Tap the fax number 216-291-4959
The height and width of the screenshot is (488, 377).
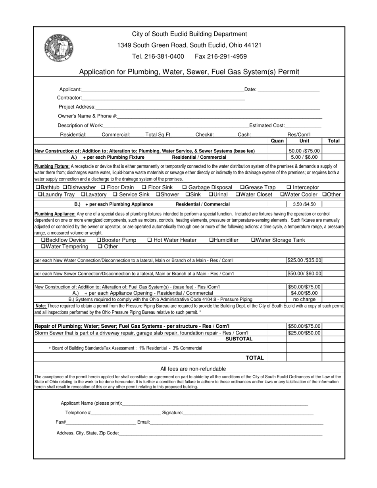pyautogui.click(x=221, y=56)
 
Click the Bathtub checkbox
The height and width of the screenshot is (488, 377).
pyautogui.click(x=38, y=187)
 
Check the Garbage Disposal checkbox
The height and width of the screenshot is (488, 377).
pyautogui.click(x=185, y=187)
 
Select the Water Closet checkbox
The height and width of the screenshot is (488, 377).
pyautogui.click(x=238, y=194)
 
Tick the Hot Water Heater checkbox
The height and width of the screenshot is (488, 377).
pyautogui.click(x=150, y=240)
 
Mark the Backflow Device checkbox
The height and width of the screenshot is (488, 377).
pyautogui.click(x=43, y=240)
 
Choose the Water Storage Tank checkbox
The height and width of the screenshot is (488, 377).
pyautogui.click(x=253, y=240)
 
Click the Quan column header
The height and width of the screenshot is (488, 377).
pyautogui.click(x=277, y=140)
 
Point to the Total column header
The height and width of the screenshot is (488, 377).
pyautogui.click(x=333, y=140)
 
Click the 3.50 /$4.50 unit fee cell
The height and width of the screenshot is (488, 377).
pyautogui.click(x=304, y=204)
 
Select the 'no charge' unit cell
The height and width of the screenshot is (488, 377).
pyautogui.click(x=304, y=299)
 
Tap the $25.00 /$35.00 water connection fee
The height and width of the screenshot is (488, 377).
pyautogui.click(x=304, y=260)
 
